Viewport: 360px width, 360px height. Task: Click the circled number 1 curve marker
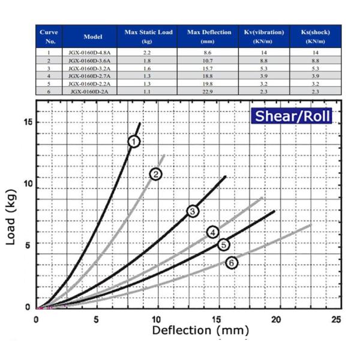point(134,141)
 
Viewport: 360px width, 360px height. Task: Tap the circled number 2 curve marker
point(156,174)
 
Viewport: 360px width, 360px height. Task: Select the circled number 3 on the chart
point(192,211)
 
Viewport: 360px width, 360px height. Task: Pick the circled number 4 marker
point(212,232)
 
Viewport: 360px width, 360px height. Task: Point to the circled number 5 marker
point(223,244)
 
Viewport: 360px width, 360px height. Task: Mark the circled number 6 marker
point(231,262)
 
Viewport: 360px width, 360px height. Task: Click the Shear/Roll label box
point(292,116)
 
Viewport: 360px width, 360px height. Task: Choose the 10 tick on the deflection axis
point(157,318)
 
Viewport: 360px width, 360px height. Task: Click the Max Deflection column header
point(209,36)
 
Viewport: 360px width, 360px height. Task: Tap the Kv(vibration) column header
point(265,36)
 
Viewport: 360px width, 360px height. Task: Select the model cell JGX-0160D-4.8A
point(93,53)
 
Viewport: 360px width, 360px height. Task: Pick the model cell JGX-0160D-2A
point(93,91)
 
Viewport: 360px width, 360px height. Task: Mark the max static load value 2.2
point(148,53)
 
